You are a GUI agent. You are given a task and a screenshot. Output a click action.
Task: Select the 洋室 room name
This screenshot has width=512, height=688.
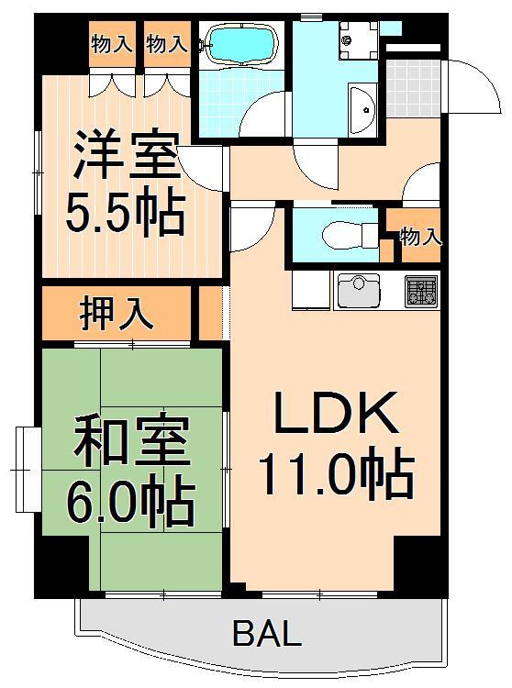coord(125,157)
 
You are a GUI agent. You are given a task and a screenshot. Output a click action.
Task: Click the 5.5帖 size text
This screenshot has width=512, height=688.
coord(125,213)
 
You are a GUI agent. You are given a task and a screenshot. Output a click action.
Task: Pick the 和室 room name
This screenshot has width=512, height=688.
coord(130,443)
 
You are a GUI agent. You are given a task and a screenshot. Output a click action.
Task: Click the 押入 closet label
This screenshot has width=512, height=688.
coord(116,312)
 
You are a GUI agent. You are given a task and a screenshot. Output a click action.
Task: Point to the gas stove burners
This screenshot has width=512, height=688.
coord(421,292)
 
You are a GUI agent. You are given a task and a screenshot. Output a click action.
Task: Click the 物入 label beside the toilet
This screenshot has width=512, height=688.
coord(421,237)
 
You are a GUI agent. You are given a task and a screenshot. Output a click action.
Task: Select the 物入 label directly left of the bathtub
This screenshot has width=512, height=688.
coord(167,43)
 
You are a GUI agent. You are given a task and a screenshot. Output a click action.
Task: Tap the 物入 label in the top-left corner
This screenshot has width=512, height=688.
coord(112,43)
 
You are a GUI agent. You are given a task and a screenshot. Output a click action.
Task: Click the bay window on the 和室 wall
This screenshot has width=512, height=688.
coord(25,469)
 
